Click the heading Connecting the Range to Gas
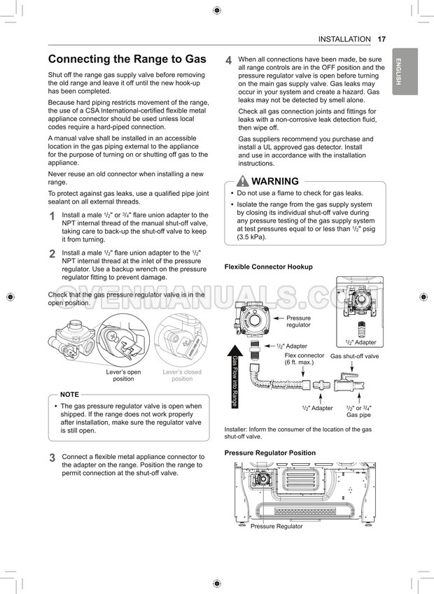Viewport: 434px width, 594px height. pyautogui.click(x=127, y=59)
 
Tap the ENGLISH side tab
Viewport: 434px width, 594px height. pyautogui.click(x=405, y=71)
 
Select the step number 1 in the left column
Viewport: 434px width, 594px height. pyautogui.click(x=52, y=216)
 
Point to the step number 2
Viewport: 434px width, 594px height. pyautogui.click(x=52, y=254)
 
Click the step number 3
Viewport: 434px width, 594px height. pyautogui.click(x=52, y=458)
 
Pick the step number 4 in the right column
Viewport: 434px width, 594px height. pyautogui.click(x=228, y=61)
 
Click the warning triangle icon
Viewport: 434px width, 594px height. pyautogui.click(x=243, y=181)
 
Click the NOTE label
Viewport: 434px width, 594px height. pyautogui.click(x=69, y=395)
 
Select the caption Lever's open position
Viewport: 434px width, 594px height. pyautogui.click(x=123, y=376)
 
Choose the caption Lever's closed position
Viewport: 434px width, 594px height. pyautogui.click(x=182, y=376)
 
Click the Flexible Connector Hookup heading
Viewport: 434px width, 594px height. pyautogui.click(x=268, y=267)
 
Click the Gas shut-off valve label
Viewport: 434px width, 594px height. pyautogui.click(x=354, y=356)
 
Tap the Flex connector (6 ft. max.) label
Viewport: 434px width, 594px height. pyautogui.click(x=304, y=359)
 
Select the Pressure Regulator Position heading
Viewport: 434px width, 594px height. pyautogui.click(x=269, y=453)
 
